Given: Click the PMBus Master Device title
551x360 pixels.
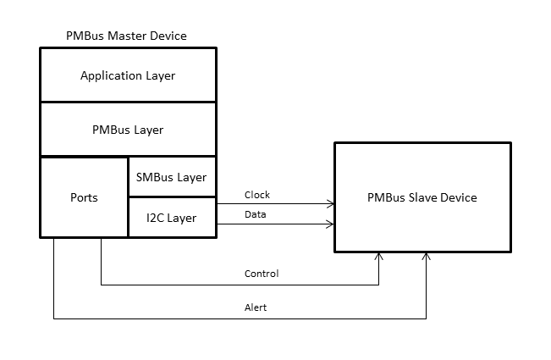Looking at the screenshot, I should click(x=126, y=36).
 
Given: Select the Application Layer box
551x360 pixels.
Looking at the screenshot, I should click(x=128, y=75).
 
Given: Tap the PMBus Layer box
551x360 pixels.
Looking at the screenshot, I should click(x=128, y=130).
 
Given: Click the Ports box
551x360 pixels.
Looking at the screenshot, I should click(x=84, y=197).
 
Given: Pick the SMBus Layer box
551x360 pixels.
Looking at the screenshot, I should click(x=172, y=177).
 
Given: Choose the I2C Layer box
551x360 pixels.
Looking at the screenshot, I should click(x=172, y=218).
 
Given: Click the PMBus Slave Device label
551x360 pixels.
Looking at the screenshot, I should click(x=422, y=197).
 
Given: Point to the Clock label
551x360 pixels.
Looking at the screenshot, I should click(x=256, y=195).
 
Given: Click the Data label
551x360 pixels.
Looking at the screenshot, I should click(x=255, y=215).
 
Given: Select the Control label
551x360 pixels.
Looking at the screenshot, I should click(x=261, y=274).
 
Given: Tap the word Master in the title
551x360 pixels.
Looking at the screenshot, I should click(x=125, y=36).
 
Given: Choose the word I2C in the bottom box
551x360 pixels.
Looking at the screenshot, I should click(x=155, y=218).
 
